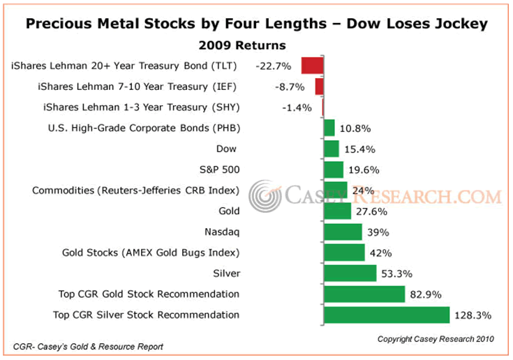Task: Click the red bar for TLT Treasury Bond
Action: [312, 66]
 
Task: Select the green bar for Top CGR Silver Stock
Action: [387, 315]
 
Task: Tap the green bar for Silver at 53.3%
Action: [350, 273]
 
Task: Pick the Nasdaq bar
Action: [343, 232]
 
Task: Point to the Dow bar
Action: [332, 149]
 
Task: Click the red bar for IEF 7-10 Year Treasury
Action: [319, 87]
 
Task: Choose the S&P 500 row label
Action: [219, 169]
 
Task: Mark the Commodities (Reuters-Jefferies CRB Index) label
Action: [135, 190]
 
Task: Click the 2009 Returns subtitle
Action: [242, 46]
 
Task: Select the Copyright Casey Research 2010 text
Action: [436, 339]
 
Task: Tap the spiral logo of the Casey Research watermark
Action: [266, 195]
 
